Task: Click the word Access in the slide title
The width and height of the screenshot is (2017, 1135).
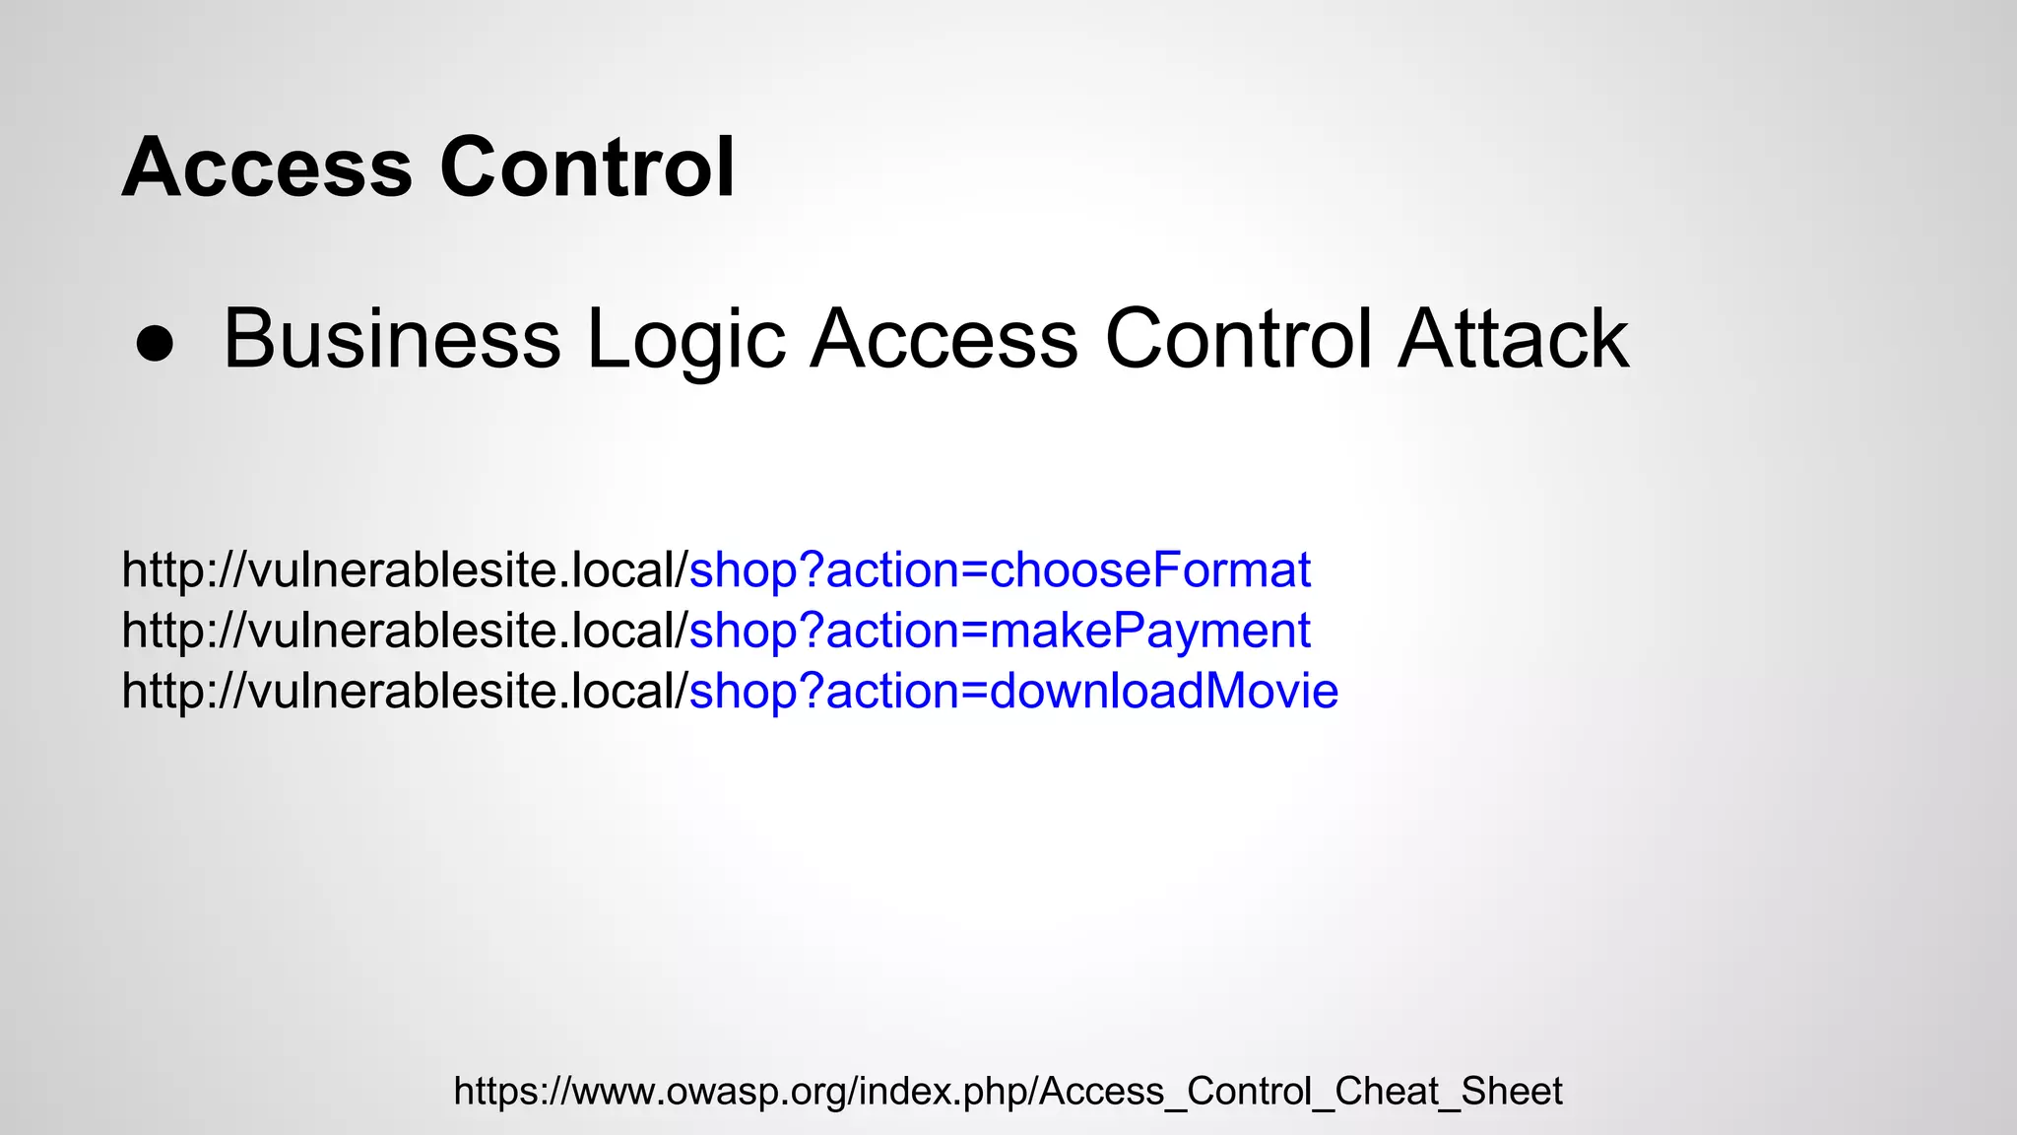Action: tap(266, 167)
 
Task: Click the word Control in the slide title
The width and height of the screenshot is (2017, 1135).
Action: tap(587, 167)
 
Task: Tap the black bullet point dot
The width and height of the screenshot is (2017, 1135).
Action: tap(155, 344)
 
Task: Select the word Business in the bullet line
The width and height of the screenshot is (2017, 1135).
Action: tap(392, 339)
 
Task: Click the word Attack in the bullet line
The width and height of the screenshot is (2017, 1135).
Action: tap(1514, 339)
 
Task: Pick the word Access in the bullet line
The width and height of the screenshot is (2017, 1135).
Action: tap(943, 339)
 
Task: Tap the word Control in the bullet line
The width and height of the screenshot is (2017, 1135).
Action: tap(1238, 339)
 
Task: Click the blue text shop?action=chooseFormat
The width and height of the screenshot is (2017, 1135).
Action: tap(1000, 570)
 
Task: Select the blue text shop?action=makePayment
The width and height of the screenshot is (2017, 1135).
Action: tap(1000, 632)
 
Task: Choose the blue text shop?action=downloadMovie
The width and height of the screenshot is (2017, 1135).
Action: tap(1013, 692)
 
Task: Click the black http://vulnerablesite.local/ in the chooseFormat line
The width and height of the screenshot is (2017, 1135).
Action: tap(404, 570)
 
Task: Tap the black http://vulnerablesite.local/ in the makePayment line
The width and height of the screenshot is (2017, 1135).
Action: tap(404, 632)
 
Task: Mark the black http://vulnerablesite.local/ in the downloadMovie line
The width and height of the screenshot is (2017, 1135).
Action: tap(404, 692)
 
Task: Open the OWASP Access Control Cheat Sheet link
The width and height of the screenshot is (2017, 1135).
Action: tap(1008, 1092)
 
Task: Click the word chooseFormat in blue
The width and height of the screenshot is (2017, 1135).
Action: tap(1150, 570)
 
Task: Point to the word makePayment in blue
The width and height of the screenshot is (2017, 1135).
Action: tap(1150, 632)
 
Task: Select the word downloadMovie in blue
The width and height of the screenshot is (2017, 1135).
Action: tap(1164, 692)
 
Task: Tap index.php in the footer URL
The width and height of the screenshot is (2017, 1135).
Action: tap(943, 1092)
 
